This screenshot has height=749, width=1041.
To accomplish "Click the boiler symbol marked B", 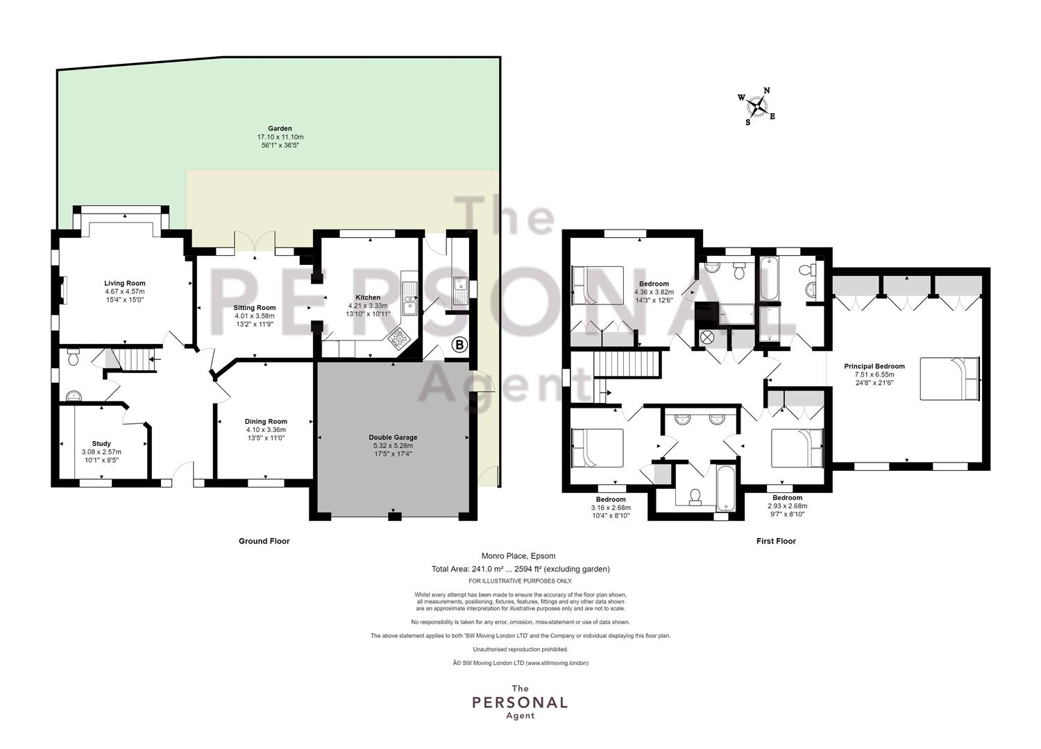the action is [459, 345].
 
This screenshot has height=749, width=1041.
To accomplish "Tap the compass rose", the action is [757, 107].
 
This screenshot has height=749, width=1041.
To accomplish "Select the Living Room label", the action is [124, 283].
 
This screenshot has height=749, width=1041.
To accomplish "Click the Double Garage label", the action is [393, 438].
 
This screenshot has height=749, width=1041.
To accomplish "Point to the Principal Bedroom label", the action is [874, 366].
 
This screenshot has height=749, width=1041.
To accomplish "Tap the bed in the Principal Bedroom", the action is [950, 379].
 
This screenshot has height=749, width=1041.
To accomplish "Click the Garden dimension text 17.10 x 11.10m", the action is [280, 137].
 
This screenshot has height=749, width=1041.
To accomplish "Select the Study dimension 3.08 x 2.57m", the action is [101, 451].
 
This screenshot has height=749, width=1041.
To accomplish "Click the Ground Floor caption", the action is [264, 541].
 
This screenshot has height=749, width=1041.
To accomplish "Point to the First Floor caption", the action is [776, 541].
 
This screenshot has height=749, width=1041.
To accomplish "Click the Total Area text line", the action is [520, 569].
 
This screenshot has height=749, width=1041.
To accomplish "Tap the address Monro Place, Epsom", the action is [518, 556].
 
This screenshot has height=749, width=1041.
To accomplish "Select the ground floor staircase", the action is [135, 358].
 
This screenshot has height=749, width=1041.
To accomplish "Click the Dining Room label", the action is [266, 422].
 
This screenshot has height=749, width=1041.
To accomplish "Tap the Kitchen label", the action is [368, 298].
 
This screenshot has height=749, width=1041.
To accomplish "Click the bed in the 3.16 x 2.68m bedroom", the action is [597, 447].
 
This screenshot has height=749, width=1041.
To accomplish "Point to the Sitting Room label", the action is [254, 308].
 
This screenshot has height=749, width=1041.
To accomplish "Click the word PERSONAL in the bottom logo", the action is [520, 703].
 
